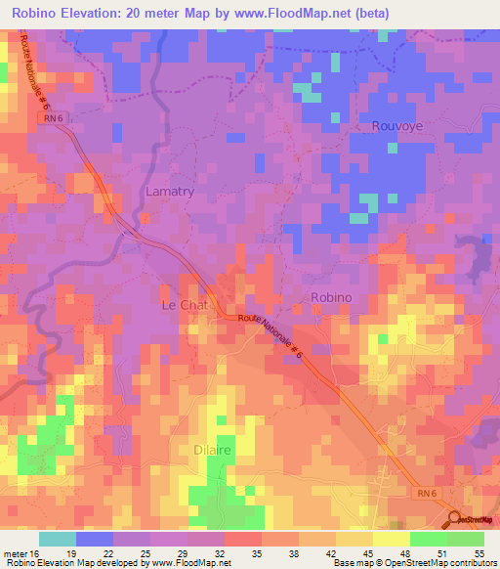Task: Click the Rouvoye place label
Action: (x=397, y=126)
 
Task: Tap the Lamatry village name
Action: (x=170, y=192)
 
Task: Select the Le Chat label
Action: (x=185, y=305)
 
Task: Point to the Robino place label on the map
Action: (x=330, y=297)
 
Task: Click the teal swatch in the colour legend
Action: (x=57, y=539)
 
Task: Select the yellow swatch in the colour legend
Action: (x=391, y=539)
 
